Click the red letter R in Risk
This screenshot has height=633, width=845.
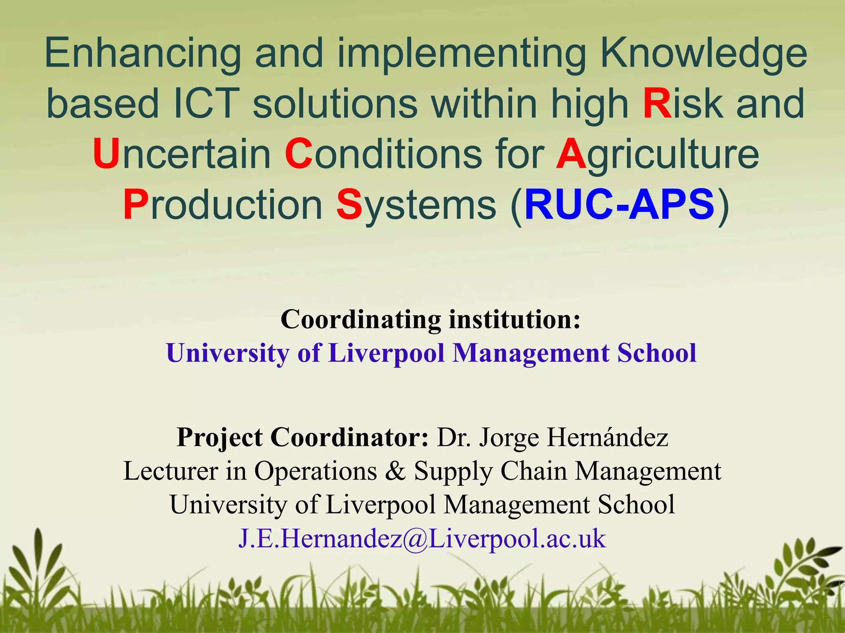[657, 104]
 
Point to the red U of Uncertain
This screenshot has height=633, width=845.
[106, 154]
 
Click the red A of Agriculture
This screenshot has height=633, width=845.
[571, 154]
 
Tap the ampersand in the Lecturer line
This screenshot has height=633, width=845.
[395, 471]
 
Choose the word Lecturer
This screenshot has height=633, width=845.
[170, 471]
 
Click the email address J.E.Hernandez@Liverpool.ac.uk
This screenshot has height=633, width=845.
[422, 538]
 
